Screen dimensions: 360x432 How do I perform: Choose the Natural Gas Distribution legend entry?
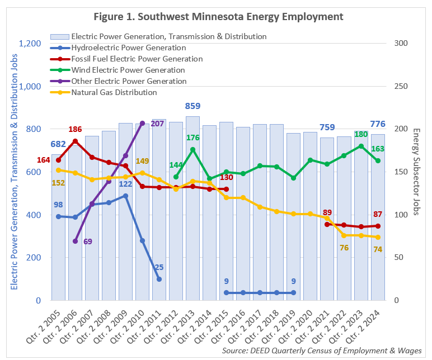click(x=114, y=92)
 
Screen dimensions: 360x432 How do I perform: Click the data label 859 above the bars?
click(x=192, y=106)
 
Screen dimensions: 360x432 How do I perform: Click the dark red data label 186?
click(x=76, y=130)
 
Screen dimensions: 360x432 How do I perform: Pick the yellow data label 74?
click(x=378, y=249)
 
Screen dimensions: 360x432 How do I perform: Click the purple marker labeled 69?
click(x=75, y=241)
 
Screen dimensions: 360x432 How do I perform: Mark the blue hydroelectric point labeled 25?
click(x=159, y=279)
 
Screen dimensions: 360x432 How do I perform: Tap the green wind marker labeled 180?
click(x=361, y=146)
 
